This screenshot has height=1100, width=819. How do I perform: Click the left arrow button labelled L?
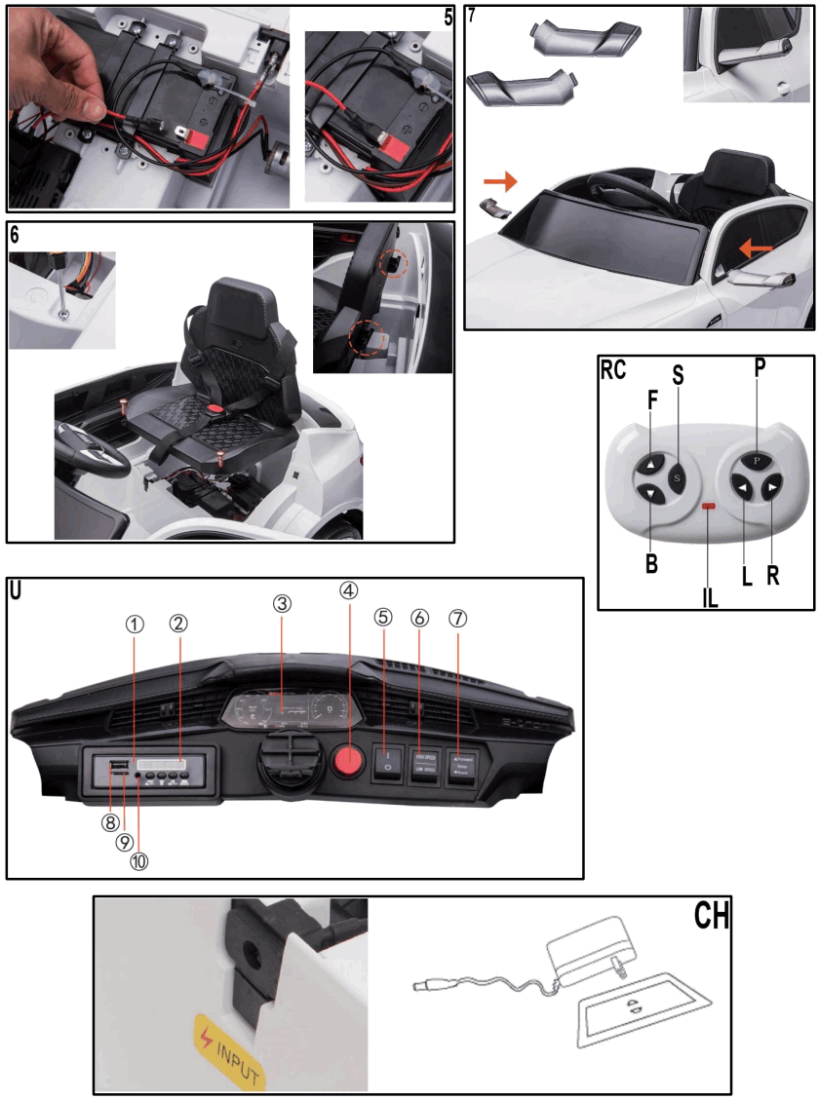pos(743,488)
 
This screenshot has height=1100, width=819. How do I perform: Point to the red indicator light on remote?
pos(710,508)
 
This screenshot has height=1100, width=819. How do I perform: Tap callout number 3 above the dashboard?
pos(281,604)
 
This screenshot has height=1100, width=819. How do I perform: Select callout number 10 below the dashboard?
pos(139,861)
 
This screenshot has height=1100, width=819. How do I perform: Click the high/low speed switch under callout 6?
pos(425,763)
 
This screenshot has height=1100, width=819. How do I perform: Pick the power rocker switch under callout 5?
pos(387,761)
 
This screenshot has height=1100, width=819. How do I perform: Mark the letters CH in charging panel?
pos(711,917)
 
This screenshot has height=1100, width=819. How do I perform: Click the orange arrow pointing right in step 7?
pos(499,181)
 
